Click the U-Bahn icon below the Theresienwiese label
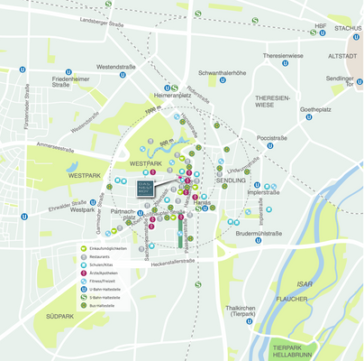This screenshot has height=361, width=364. pos(285,63)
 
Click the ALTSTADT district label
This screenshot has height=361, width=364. pos(343,56)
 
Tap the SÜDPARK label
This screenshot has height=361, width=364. pos(60,317)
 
